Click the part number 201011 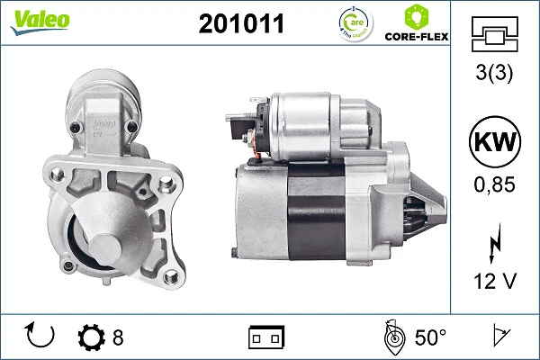click(x=240, y=23)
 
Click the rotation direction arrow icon click(x=41, y=337)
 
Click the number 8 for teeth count click(x=118, y=337)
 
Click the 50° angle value click(x=429, y=337)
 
